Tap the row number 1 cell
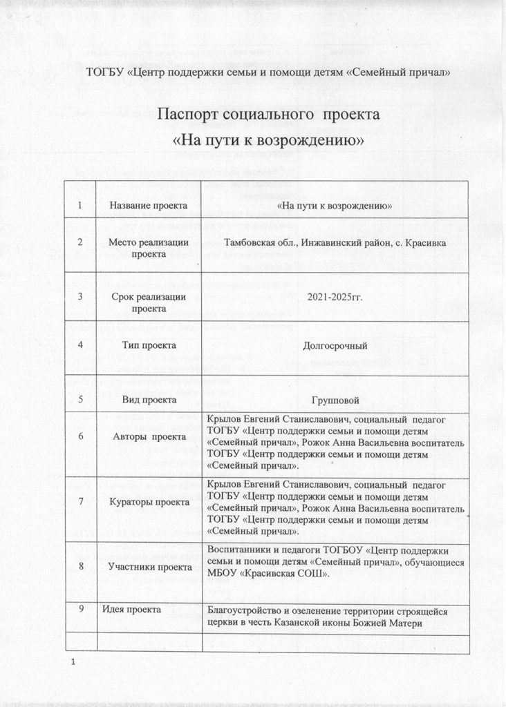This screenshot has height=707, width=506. click(81, 205)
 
